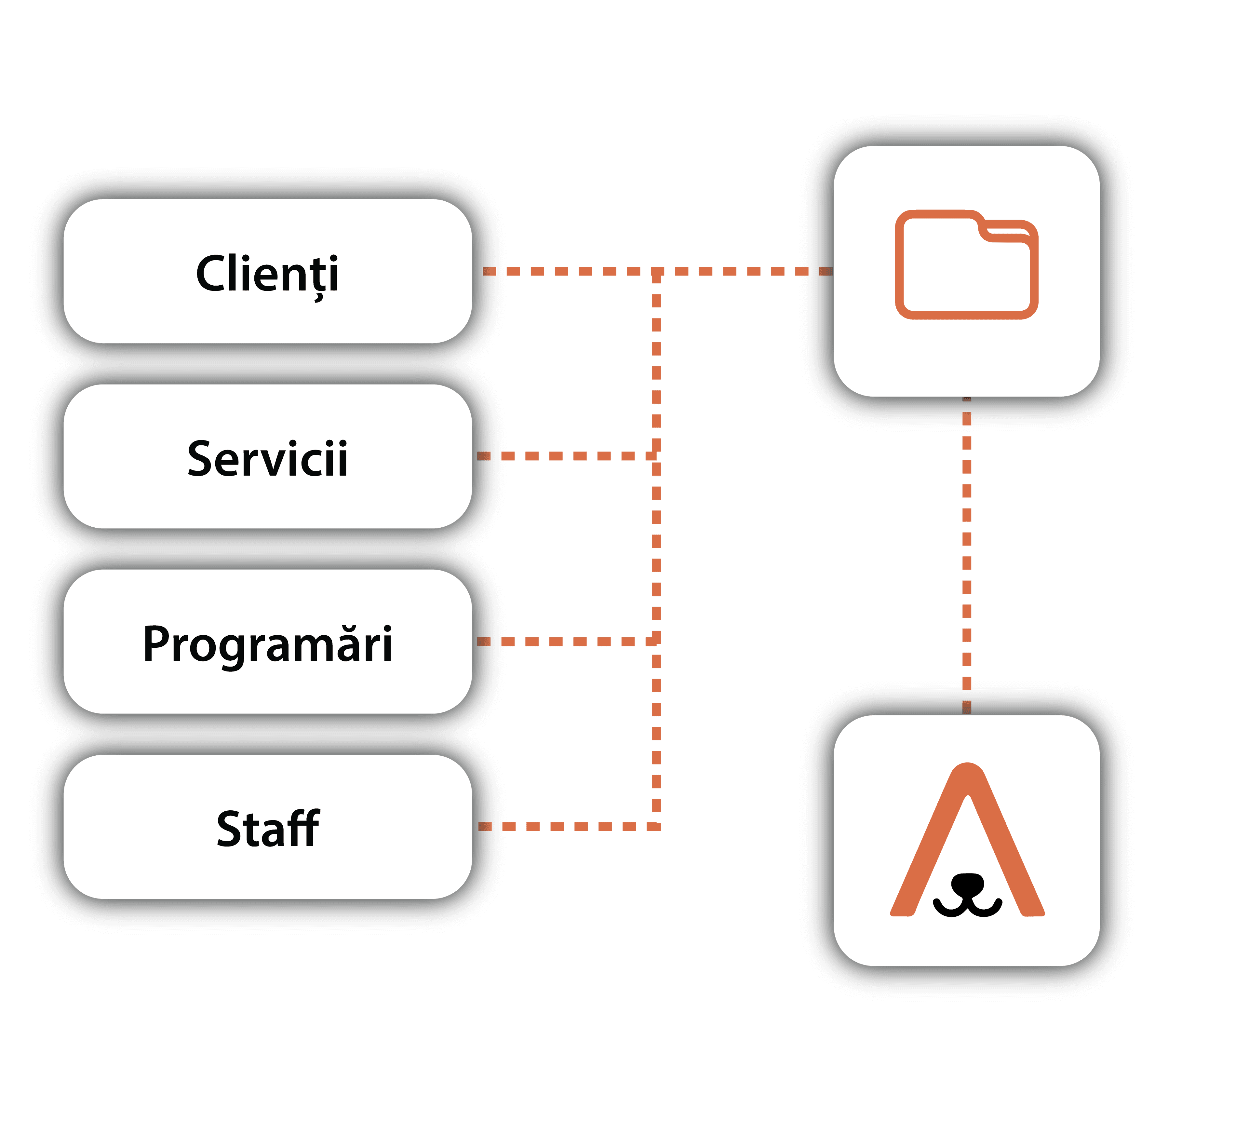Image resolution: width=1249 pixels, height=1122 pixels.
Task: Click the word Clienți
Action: click(x=267, y=273)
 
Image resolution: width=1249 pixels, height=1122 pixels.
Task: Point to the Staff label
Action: click(x=267, y=829)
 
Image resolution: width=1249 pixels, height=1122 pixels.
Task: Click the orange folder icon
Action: click(x=966, y=265)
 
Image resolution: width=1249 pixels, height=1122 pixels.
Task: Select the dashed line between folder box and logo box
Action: click(x=967, y=555)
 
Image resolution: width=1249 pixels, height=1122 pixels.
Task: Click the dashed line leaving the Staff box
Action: click(x=567, y=826)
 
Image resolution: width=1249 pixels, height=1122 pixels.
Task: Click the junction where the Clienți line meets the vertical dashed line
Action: click(x=657, y=271)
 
